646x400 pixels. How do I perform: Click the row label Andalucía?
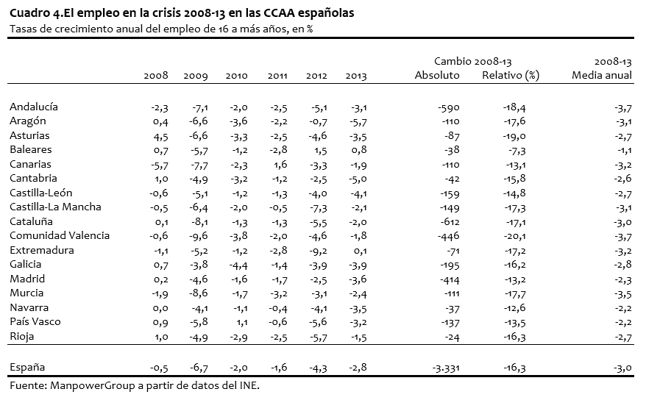pyautogui.click(x=34, y=107)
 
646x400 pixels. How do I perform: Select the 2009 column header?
pyautogui.click(x=196, y=76)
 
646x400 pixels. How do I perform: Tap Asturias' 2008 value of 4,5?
pyautogui.click(x=160, y=136)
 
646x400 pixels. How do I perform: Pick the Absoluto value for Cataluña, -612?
pyautogui.click(x=449, y=222)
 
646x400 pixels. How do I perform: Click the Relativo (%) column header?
pyautogui.click(x=511, y=75)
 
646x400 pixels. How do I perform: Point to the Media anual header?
pyautogui.click(x=602, y=75)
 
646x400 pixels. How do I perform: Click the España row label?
pyautogui.click(x=27, y=368)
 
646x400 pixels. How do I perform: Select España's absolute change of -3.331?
pyautogui.click(x=445, y=368)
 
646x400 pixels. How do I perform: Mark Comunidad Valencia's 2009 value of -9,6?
pyautogui.click(x=199, y=236)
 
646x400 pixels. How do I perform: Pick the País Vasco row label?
pyautogui.click(x=35, y=322)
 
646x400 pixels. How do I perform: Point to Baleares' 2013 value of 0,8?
pyautogui.click(x=358, y=150)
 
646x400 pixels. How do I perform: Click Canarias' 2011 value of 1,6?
pyautogui.click(x=280, y=165)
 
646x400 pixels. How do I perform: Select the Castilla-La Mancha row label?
pyautogui.click(x=55, y=207)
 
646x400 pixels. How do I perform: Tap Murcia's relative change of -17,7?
pyautogui.click(x=514, y=294)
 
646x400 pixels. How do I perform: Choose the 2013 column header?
pyautogui.click(x=356, y=76)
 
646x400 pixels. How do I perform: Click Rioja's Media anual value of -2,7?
pyautogui.click(x=622, y=337)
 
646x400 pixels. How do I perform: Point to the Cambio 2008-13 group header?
pyautogui.click(x=472, y=62)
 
